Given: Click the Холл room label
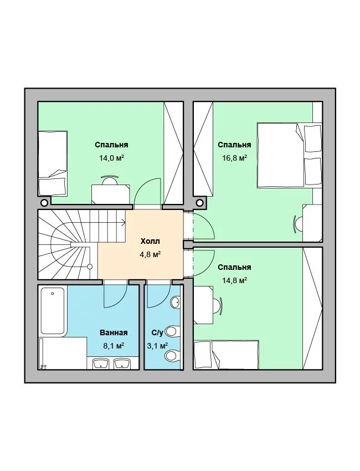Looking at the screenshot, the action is tap(150, 241).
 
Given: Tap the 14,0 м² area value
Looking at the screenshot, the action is tap(112, 158).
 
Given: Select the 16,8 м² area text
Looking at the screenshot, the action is tap(234, 158).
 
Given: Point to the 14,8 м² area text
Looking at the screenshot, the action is tap(234, 280).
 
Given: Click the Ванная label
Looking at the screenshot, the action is tap(114, 332).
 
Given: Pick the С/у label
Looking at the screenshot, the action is tap(157, 332).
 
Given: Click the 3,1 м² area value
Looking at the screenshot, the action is tap(157, 346).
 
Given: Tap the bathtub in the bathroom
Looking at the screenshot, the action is tap(53, 311).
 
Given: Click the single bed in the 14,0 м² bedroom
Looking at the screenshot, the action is tap(53, 163).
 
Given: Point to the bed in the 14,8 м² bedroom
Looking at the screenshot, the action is tap(227, 355).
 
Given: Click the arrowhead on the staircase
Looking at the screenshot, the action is tap(124, 223).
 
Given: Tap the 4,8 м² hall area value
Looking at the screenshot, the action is tap(150, 255).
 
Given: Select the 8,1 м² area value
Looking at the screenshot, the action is tap(114, 346).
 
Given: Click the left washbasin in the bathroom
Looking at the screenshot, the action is tap(101, 363).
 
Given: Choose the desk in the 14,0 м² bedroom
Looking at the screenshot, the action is tap(110, 194).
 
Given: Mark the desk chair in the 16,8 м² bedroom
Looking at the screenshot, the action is tap(297, 223).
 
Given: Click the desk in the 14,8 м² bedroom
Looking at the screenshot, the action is tap(204, 305).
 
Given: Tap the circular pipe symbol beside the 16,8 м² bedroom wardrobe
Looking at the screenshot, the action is tap(199, 203).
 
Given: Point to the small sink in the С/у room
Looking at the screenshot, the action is tap(176, 302).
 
